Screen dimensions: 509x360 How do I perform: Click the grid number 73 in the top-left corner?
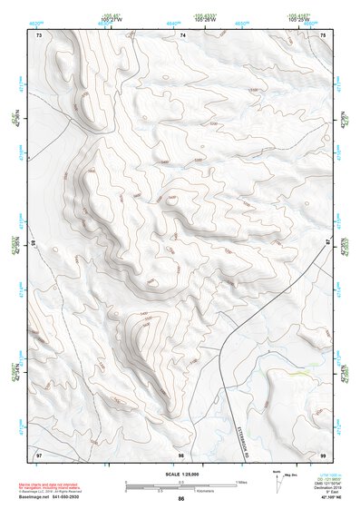[x=38, y=35]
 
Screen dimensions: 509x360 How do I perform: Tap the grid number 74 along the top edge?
[x=182, y=35]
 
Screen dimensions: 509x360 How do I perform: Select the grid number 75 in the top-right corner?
[x=325, y=35]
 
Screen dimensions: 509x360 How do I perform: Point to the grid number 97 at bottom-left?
[x=38, y=453]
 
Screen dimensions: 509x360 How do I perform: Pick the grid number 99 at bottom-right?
[x=325, y=453]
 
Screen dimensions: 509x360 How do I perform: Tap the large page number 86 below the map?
[x=181, y=499]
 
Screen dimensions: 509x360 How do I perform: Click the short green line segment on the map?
[x=298, y=372]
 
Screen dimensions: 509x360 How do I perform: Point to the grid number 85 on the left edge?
[x=34, y=244]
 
